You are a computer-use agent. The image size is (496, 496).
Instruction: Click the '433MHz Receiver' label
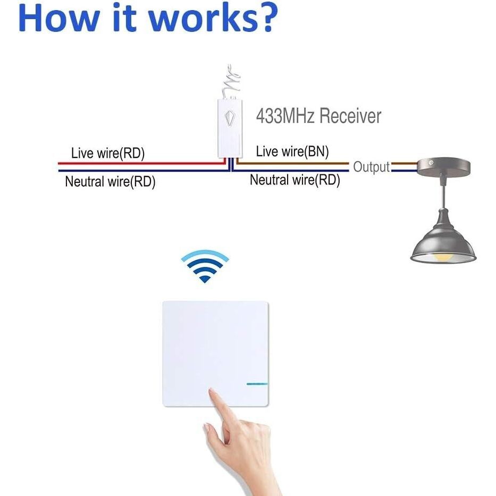[318, 115]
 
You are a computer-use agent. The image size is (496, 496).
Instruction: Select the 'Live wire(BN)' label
[292, 152]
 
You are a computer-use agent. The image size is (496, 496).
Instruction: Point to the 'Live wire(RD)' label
[108, 154]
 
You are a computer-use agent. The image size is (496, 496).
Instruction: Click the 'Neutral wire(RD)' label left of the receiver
[110, 182]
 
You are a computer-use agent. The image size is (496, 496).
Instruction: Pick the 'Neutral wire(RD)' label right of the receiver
[295, 180]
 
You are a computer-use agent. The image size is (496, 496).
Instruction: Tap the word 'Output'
[372, 167]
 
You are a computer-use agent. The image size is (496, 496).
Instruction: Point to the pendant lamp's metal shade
[442, 239]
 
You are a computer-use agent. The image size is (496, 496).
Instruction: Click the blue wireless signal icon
[205, 266]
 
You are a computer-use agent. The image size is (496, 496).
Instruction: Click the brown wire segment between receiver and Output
[292, 163]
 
